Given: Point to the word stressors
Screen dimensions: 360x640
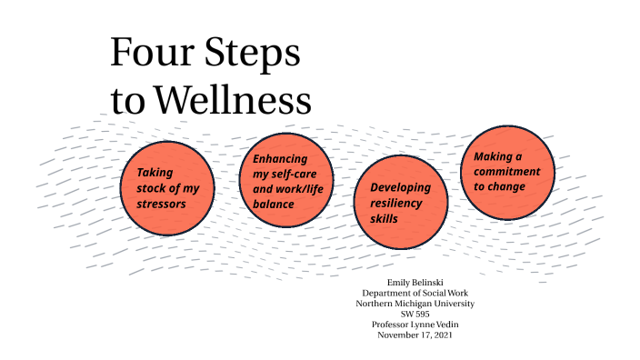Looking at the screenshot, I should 162,204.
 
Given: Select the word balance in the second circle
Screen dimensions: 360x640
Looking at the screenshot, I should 274,205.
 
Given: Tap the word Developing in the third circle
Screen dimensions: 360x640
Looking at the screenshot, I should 400,187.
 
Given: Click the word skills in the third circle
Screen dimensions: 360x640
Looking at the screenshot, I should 385,218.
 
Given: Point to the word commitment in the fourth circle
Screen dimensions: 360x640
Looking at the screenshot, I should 506,172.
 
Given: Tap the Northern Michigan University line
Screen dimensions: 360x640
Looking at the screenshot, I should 418,304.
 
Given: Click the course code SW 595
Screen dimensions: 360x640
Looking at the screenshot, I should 418,314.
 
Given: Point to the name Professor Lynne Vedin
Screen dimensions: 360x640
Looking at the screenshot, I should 418,325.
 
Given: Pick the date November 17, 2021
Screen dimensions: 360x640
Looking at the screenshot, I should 418,335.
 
